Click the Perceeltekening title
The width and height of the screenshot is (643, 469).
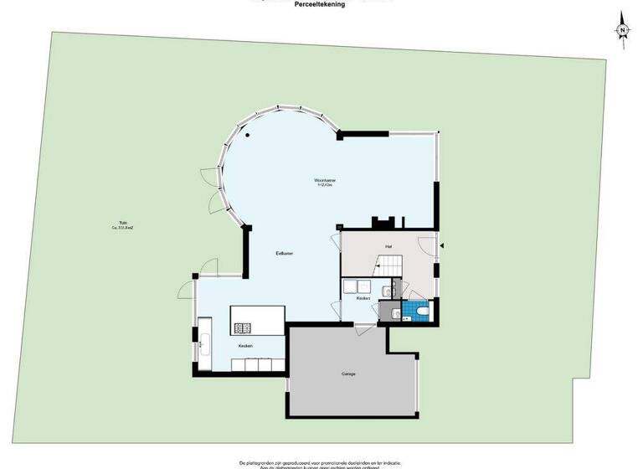(320, 4)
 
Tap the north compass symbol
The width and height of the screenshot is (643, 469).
(623, 30)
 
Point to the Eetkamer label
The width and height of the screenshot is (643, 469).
(285, 253)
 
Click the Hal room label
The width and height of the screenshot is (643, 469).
(388, 245)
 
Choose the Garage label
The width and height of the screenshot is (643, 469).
(348, 374)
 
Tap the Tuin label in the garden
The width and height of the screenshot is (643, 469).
(122, 222)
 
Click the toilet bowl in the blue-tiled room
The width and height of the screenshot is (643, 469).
(422, 312)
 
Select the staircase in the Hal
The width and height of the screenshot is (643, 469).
(390, 265)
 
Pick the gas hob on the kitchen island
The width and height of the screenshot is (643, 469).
(244, 327)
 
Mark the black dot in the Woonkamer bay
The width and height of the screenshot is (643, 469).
(248, 136)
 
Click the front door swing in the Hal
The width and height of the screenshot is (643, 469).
(429, 248)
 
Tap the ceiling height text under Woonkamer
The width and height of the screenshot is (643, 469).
(325, 186)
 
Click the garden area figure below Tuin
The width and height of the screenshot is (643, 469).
(122, 228)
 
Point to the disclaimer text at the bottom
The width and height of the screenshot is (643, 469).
(321, 463)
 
